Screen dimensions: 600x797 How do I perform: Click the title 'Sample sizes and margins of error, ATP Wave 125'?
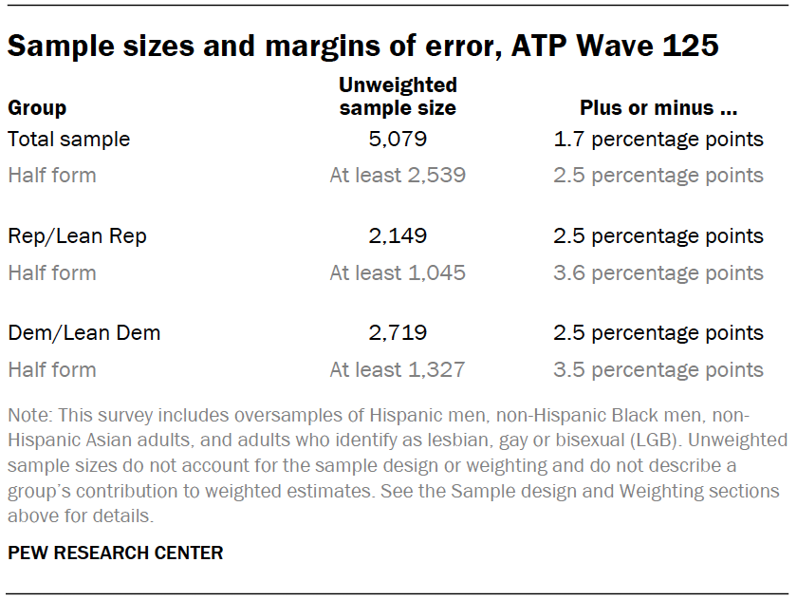[363, 46]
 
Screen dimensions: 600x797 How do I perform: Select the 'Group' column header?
[37, 108]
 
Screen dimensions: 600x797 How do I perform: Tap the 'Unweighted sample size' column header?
[398, 97]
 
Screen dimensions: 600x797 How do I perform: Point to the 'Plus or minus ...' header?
[658, 108]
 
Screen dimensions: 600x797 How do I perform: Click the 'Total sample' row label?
[68, 140]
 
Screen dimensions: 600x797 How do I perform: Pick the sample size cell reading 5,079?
[398, 140]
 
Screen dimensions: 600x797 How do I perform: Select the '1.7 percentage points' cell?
[658, 140]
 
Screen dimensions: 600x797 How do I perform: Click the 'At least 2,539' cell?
[398, 176]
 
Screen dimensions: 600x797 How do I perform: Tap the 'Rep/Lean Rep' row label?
[77, 236]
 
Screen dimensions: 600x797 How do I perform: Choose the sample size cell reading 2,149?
[398, 236]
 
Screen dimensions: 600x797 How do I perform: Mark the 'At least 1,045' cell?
[398, 273]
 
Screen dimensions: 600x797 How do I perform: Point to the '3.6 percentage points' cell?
[658, 273]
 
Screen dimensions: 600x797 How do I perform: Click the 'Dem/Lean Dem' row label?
[83, 333]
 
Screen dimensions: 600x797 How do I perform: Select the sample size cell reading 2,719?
[398, 333]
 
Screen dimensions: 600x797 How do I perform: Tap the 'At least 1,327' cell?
[398, 370]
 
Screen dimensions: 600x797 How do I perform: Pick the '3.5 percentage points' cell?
[658, 370]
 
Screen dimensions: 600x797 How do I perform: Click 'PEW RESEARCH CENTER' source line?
[116, 553]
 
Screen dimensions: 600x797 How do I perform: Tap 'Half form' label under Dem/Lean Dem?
[52, 370]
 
